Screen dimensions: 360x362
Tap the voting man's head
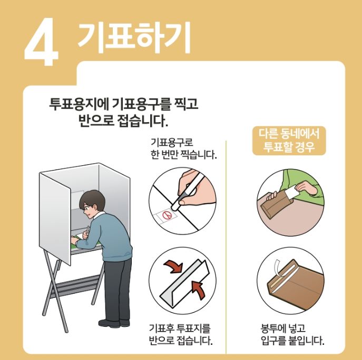pyautogui.click(x=93, y=203)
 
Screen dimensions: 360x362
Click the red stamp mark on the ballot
pyautogui.click(x=167, y=215)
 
